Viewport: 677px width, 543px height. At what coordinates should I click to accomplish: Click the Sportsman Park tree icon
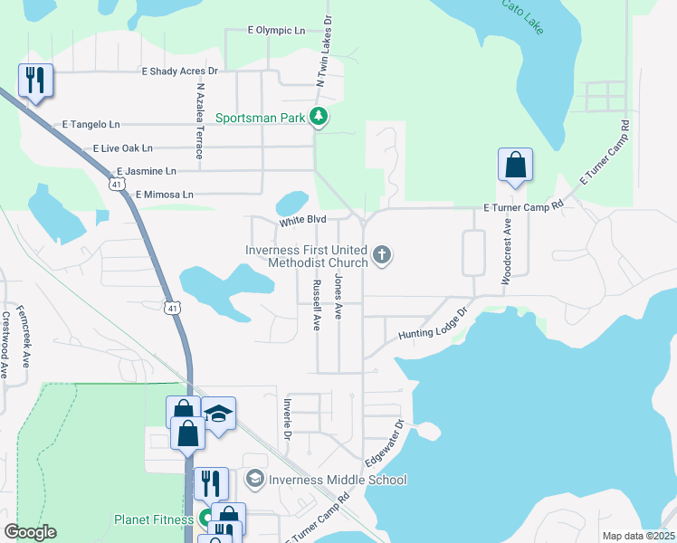tap(318, 116)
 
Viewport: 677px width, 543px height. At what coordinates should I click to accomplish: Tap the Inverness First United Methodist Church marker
tap(382, 255)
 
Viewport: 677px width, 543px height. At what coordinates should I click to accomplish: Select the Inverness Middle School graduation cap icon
tap(255, 479)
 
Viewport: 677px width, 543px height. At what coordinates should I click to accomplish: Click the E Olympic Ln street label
tap(276, 30)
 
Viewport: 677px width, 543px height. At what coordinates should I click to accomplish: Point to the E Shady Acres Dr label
tap(180, 71)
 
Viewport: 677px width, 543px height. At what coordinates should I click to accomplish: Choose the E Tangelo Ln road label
tap(91, 124)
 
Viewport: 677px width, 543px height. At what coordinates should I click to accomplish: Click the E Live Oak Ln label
tap(123, 148)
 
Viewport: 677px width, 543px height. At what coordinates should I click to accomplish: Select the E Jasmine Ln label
tap(146, 170)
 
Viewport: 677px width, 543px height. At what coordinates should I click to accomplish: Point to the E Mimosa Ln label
tap(164, 194)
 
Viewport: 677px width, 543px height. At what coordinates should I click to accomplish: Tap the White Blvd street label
tap(301, 220)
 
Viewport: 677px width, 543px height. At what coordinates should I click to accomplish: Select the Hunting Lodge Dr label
tap(433, 324)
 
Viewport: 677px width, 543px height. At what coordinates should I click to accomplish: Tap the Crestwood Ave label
tap(5, 345)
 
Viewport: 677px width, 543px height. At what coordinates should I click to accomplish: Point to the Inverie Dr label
tap(287, 417)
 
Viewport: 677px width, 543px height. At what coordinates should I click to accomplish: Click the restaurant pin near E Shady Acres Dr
tap(35, 80)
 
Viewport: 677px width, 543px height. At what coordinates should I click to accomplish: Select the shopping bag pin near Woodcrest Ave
tap(515, 165)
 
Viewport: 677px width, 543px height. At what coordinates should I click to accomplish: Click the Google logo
tap(30, 532)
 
